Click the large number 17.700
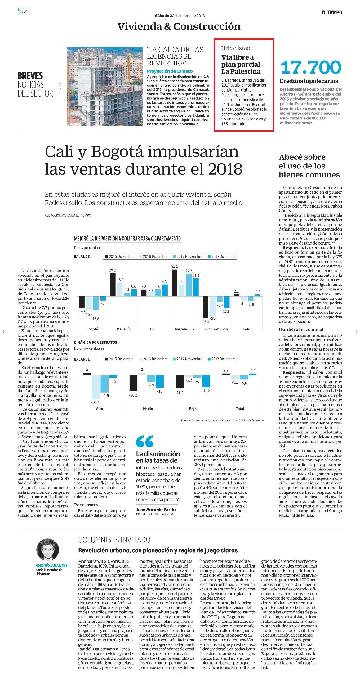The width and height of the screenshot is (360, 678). coord(310,67)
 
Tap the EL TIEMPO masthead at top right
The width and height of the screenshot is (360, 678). coord(332,12)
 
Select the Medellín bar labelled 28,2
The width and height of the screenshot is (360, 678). coord(113,285)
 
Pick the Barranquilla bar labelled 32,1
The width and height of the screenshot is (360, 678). coord(175,283)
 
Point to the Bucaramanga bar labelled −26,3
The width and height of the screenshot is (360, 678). coord(206,307)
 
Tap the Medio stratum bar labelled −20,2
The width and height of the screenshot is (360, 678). coord(133,383)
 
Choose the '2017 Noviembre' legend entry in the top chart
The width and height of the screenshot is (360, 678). coord(187,256)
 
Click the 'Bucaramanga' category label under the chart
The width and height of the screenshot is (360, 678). coord(216,329)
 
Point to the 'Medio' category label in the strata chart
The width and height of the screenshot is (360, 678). coord(148,409)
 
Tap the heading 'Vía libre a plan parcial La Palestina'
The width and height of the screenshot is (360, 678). coord(241,64)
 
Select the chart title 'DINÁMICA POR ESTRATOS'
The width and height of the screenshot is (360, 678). coord(96,342)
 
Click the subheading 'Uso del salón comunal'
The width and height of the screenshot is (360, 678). coord(301,330)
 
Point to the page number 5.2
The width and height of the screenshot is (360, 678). coord(23,11)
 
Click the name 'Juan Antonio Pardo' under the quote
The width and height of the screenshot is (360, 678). coord(156,510)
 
